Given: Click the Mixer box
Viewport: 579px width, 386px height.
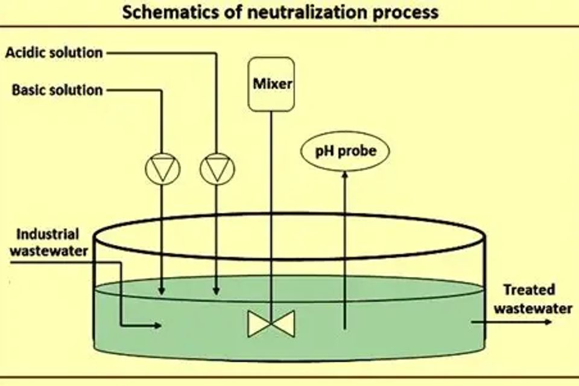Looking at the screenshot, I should pyautogui.click(x=271, y=84).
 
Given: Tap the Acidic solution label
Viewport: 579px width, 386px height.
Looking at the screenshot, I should pyautogui.click(x=54, y=52).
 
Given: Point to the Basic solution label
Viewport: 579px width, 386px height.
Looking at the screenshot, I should pyautogui.click(x=57, y=90).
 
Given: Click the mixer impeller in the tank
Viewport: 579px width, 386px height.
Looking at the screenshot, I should pyautogui.click(x=271, y=323).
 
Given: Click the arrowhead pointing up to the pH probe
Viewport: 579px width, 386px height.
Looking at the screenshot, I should pyautogui.click(x=344, y=175).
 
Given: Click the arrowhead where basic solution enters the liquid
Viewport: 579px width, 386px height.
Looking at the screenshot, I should pyautogui.click(x=163, y=292).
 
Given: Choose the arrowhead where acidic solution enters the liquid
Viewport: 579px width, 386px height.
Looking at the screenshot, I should pyautogui.click(x=217, y=292).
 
